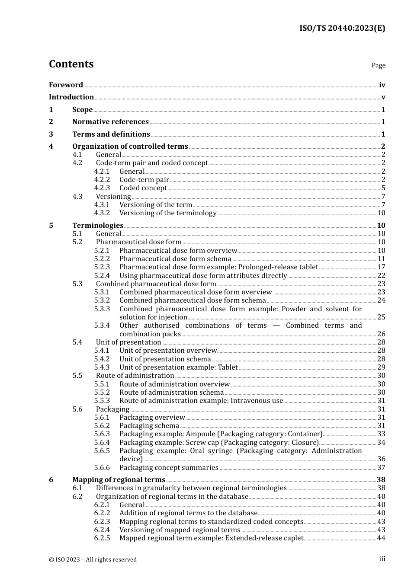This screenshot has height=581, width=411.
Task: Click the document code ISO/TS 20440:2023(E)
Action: coord(342,29)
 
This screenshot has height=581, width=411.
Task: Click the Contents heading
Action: coord(71,64)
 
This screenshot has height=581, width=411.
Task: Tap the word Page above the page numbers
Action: coord(378,65)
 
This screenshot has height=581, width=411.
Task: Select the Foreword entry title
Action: coord(66,85)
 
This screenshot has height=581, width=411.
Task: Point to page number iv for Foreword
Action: coord(382,85)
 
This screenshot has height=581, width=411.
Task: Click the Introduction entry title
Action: coord(71,97)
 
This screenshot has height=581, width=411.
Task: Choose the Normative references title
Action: coord(110,122)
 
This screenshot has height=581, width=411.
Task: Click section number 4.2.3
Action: coord(102,188)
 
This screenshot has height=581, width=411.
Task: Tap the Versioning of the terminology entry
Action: coord(168,213)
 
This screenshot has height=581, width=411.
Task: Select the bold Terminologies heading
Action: coord(98,226)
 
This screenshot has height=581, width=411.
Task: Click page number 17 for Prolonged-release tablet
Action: coord(381,267)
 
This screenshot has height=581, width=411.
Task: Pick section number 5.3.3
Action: coord(102,309)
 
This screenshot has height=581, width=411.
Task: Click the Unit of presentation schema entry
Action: coord(165,359)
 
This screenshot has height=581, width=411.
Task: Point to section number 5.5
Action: coord(77,376)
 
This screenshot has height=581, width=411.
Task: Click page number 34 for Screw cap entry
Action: coord(381,443)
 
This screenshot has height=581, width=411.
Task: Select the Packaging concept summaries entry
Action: coord(169,468)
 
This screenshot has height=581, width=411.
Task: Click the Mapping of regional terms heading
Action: coord(119,480)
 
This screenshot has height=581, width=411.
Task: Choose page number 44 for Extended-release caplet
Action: coord(381,538)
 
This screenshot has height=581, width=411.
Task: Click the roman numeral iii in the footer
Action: coord(382,559)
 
